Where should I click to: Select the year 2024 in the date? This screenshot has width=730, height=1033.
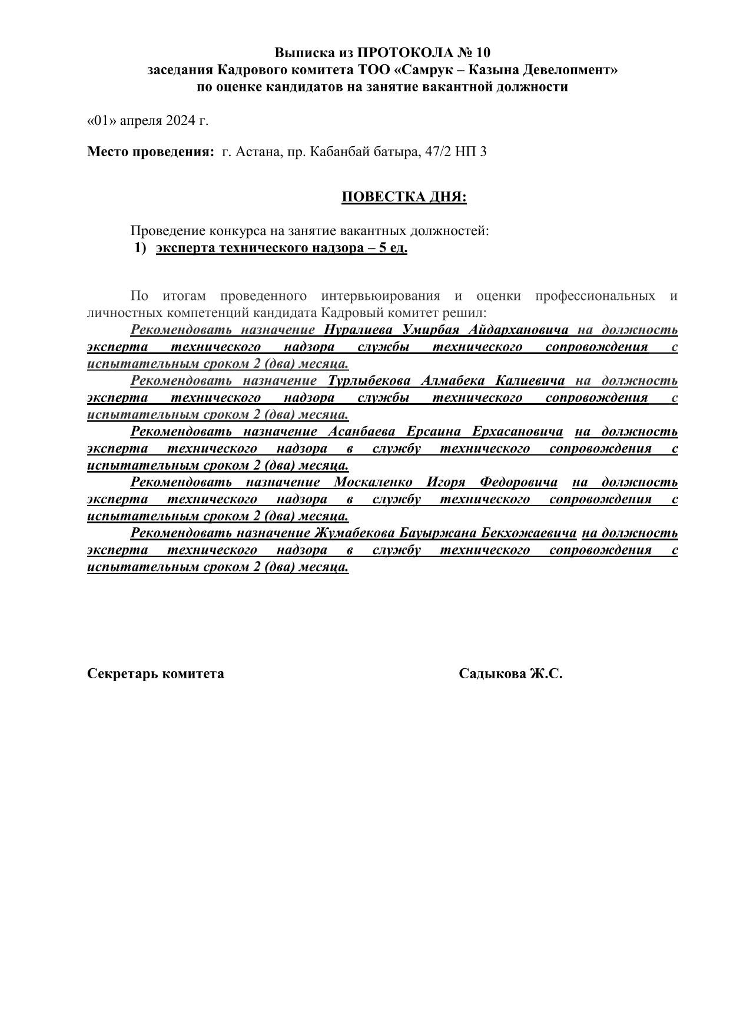click(x=180, y=121)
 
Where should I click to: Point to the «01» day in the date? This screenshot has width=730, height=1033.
click(x=102, y=121)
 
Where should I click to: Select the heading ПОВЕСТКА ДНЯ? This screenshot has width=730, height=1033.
click(x=404, y=197)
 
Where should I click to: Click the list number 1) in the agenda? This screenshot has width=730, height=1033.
click(x=140, y=247)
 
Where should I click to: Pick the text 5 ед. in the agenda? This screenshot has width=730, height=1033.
click(x=393, y=247)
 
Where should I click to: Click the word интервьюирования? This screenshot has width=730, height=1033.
click(x=380, y=295)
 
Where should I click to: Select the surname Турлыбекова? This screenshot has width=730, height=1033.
click(x=369, y=380)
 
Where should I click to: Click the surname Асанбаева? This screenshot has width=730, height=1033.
click(x=361, y=431)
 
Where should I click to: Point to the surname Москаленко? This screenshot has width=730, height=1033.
click(x=373, y=482)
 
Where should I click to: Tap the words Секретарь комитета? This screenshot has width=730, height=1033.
click(x=155, y=674)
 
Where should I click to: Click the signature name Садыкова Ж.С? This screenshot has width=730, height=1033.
click(x=510, y=674)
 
